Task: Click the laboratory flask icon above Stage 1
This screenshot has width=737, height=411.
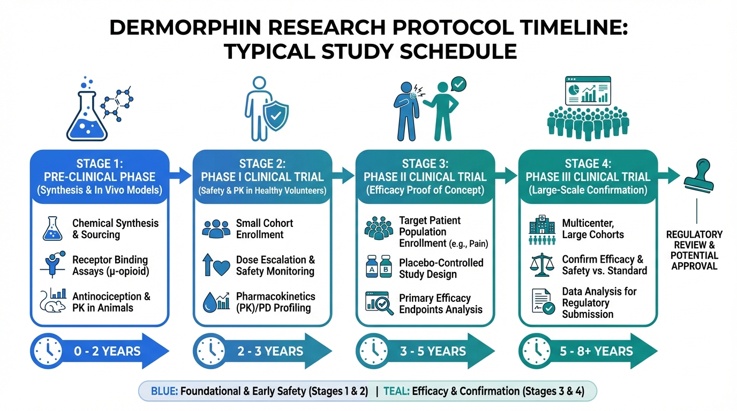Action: (x=87, y=116)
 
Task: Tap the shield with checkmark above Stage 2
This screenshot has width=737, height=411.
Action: (x=276, y=116)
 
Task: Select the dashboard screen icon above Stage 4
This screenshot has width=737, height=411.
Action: (x=588, y=91)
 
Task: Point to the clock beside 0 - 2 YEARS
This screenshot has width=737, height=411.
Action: (x=48, y=351)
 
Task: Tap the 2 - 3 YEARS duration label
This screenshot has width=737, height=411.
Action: (x=270, y=351)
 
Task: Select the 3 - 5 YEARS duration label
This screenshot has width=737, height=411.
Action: (x=433, y=351)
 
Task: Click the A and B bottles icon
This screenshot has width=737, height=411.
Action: (x=379, y=267)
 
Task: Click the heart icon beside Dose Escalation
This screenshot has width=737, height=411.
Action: (x=222, y=268)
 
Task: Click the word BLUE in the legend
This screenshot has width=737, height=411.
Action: (x=164, y=391)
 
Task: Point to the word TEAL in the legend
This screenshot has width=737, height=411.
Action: (x=396, y=391)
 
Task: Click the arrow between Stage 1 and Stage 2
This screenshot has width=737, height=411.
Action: (x=181, y=175)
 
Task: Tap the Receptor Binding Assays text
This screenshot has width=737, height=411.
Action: (x=111, y=265)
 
